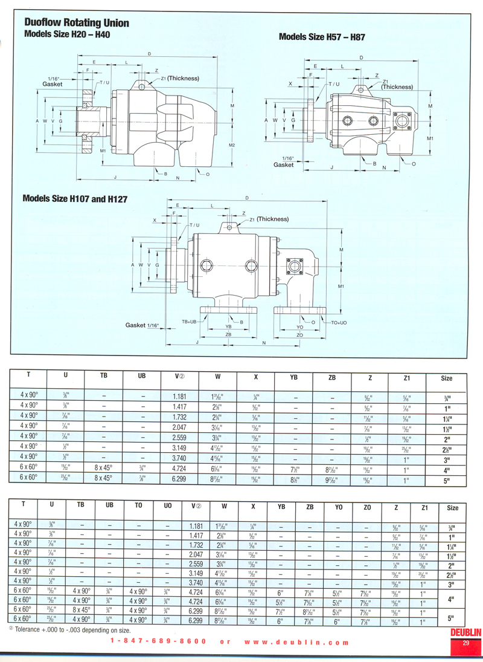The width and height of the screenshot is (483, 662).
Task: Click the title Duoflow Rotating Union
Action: (77, 23)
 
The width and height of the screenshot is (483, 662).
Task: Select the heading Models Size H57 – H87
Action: (322, 37)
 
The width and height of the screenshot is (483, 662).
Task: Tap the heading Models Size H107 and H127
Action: (75, 198)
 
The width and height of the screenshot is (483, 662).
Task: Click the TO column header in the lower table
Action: (138, 505)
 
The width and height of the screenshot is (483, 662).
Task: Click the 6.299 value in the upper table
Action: (179, 477)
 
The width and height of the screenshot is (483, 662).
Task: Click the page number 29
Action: (465, 643)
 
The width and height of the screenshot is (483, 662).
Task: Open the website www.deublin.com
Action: (297, 643)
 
